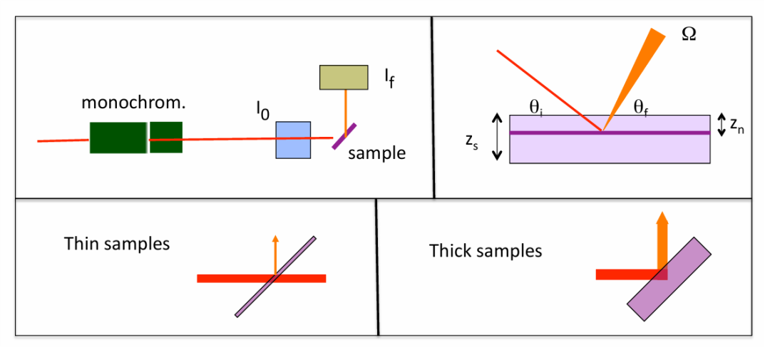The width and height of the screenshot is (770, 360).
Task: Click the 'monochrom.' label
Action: click(x=133, y=102)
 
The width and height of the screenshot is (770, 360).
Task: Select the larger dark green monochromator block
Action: click(x=118, y=138)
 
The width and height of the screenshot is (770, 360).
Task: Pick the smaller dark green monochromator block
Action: click(x=166, y=138)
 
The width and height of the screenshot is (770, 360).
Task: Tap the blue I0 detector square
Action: click(x=293, y=139)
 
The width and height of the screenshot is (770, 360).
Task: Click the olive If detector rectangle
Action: click(x=344, y=77)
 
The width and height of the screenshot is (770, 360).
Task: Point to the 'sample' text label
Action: click(x=376, y=153)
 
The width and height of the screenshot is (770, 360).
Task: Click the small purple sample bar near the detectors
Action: click(x=344, y=136)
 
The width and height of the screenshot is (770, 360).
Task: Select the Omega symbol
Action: click(x=689, y=35)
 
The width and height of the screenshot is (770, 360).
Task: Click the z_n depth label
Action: click(x=738, y=126)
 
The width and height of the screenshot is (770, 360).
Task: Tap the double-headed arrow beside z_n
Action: click(x=721, y=124)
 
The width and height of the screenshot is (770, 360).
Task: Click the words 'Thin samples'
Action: click(x=117, y=244)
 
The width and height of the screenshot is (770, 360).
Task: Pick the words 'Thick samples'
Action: click(x=486, y=251)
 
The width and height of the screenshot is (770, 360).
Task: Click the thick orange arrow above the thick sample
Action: click(x=662, y=239)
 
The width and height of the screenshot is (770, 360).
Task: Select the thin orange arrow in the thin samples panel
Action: click(x=275, y=254)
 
